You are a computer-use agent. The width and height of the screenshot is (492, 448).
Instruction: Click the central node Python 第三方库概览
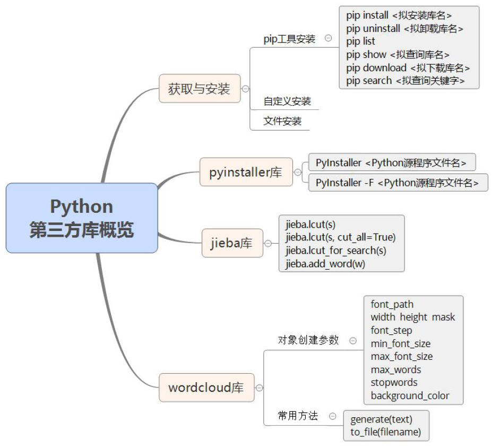coord(82,218)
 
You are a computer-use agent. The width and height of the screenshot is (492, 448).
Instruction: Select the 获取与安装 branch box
coord(200,89)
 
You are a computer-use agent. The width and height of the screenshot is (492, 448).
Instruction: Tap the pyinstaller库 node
coord(246,172)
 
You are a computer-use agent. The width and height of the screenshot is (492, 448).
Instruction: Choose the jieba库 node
coord(232,243)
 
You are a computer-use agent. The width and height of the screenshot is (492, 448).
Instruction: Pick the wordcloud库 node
coord(206,387)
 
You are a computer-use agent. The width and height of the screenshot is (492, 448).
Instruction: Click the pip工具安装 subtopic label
coord(289,39)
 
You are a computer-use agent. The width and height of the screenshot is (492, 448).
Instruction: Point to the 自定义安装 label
coord(287,101)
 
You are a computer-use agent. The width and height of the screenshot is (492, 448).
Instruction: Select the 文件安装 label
coord(282,121)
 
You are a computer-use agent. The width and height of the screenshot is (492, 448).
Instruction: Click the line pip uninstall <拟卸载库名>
coord(404,29)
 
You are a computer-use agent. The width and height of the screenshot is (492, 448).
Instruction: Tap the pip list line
coord(361,41)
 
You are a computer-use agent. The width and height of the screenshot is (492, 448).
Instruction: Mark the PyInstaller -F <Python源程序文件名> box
coord(398,183)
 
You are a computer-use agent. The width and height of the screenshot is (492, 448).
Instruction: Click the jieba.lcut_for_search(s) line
coord(336,250)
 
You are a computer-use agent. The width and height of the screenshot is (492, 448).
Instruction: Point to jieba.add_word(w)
coord(325,263)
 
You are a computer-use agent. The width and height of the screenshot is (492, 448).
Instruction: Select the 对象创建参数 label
coord(308,340)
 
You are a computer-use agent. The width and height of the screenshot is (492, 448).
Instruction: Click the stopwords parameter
coord(394,383)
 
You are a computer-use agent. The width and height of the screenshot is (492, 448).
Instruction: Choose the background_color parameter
coord(410,396)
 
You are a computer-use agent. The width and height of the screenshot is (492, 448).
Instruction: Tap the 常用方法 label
coord(298,416)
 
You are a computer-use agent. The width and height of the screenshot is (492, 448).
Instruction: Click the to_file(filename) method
coord(385,433)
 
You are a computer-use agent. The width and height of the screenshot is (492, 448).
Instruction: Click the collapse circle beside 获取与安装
coord(245,89)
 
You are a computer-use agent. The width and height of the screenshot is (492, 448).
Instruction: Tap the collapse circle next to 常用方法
coord(333,417)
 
